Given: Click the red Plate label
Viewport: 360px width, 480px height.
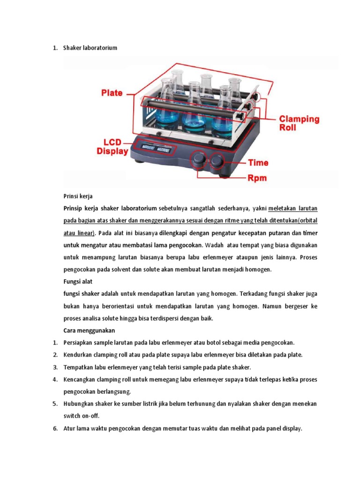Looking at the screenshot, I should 112,93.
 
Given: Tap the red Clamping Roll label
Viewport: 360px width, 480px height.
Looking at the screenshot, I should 300,123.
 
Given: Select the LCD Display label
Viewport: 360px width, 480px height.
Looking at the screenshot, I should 112,146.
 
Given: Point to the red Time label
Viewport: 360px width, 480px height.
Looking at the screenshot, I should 258,163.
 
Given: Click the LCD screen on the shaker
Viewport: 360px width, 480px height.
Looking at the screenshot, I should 156,149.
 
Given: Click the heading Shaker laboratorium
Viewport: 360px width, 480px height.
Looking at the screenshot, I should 90,48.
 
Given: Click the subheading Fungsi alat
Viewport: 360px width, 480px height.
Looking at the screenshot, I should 78,281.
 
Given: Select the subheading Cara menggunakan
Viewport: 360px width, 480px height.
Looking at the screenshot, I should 89,330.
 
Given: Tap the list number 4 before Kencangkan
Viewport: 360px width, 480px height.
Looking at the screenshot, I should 54,379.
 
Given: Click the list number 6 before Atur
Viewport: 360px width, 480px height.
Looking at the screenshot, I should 54,427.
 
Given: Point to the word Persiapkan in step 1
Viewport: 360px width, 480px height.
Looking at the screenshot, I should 78,342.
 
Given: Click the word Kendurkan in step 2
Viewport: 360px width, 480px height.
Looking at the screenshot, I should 78,354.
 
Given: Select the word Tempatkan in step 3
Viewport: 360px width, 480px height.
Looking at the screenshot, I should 78,367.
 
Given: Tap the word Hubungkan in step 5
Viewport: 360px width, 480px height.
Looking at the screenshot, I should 79,403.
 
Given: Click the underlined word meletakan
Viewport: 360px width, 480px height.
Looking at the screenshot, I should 286,208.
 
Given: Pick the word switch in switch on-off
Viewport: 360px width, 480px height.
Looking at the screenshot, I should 72,415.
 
